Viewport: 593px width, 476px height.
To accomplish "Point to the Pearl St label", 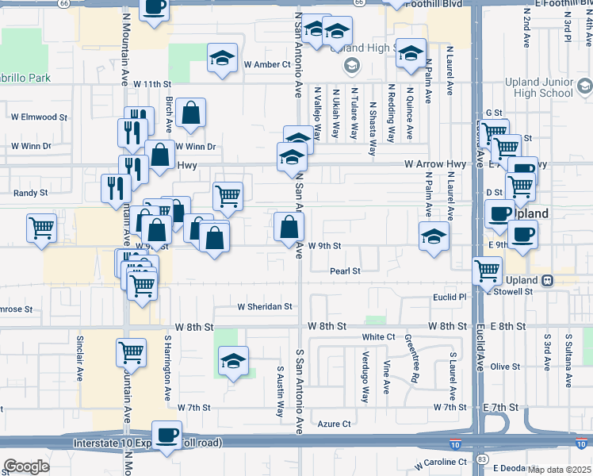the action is [x=345, y=271].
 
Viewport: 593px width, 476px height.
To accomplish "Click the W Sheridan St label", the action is [x=266, y=306].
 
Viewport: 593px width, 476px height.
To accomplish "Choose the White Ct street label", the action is [x=379, y=337].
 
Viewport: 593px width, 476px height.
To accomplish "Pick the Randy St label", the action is [x=32, y=193].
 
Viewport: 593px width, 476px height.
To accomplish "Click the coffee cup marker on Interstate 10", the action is [x=166, y=435].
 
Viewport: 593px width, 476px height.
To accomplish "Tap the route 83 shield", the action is [x=482, y=459].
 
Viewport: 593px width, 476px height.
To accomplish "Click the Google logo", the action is [x=26, y=466].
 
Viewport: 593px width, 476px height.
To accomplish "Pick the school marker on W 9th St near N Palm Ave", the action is [x=433, y=236].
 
